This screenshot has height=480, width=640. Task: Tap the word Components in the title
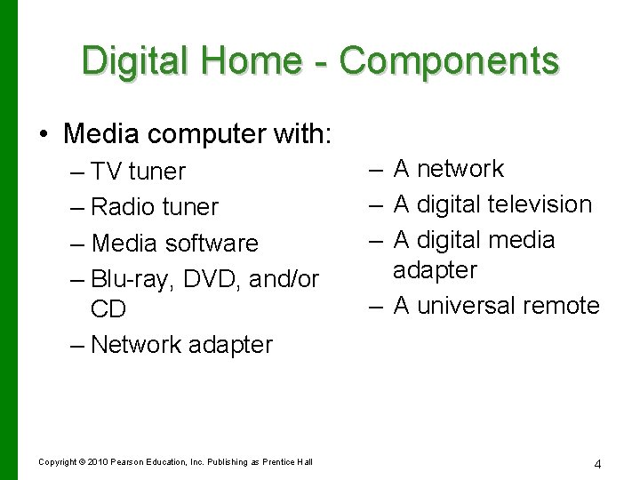(x=450, y=60)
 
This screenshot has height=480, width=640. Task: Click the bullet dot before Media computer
(x=44, y=134)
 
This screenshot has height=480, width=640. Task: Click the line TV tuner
(x=138, y=172)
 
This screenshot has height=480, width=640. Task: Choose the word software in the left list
(x=211, y=243)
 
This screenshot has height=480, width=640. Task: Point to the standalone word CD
(x=108, y=309)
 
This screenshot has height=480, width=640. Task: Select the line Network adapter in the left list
(x=181, y=344)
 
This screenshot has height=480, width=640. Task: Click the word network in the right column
(x=460, y=169)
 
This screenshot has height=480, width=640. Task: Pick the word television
(x=540, y=204)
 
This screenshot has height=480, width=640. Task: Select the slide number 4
(x=597, y=463)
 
